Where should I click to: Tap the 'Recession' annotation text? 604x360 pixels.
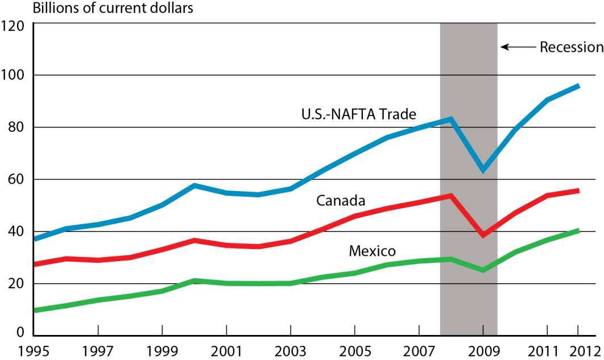pyautogui.click(x=571, y=47)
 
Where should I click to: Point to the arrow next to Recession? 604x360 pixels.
pyautogui.click(x=518, y=47)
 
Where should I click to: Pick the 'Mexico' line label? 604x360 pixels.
pyautogui.click(x=372, y=251)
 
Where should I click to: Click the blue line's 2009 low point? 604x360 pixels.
pyautogui.click(x=483, y=169)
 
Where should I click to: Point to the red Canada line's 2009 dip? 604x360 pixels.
pyautogui.click(x=483, y=235)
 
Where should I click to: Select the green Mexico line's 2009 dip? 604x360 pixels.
pyautogui.click(x=483, y=270)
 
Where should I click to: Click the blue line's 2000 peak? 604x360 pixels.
pyautogui.click(x=195, y=185)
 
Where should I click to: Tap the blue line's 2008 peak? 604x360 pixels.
pyautogui.click(x=450, y=119)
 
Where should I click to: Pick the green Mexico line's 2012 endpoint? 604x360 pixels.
pyautogui.click(x=578, y=230)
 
